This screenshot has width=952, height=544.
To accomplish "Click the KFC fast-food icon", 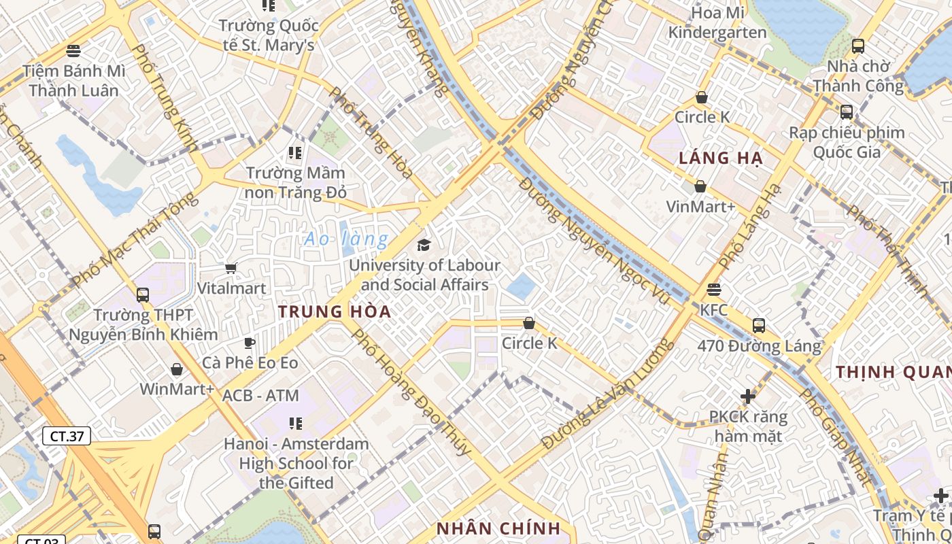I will tap(713, 290).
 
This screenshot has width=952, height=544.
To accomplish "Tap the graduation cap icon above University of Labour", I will tap(424, 245).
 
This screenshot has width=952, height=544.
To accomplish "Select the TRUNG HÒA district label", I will tap(335, 312).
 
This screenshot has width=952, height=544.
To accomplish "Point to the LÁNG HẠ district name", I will tap(721, 159).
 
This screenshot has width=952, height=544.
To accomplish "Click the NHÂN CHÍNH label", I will tap(498, 528).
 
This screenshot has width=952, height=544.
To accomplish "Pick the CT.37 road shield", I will tap(67, 436).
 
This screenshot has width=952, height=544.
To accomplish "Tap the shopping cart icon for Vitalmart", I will tap(231, 269).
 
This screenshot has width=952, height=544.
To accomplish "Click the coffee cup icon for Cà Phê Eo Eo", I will tap(250, 343).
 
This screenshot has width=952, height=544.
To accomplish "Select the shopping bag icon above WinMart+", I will tap(177, 369).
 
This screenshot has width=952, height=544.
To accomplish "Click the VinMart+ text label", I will tap(700, 206).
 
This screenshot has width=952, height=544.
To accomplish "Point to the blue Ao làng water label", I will tap(346, 239).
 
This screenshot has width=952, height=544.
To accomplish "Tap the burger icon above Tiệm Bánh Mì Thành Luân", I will tap(73, 50).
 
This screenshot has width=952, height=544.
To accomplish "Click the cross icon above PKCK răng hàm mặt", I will tap(748, 396).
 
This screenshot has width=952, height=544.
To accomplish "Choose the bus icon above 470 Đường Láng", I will tap(759, 326).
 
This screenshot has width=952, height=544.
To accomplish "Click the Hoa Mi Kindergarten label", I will tap(717, 22).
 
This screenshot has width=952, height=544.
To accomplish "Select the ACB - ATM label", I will tap(260, 395).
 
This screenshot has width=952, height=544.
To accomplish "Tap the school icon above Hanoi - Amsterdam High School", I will tap(295, 424).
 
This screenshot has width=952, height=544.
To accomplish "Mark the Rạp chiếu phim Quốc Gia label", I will tap(847, 142).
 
